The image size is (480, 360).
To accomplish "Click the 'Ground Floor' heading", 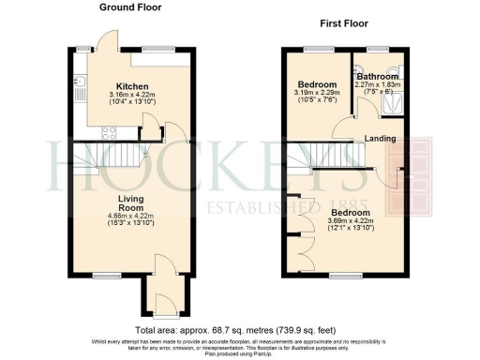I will (x=130, y=7).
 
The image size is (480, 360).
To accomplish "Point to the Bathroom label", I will (x=376, y=77).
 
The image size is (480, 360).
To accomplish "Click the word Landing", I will (x=380, y=139).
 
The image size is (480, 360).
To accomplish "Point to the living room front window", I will (x=105, y=275).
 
